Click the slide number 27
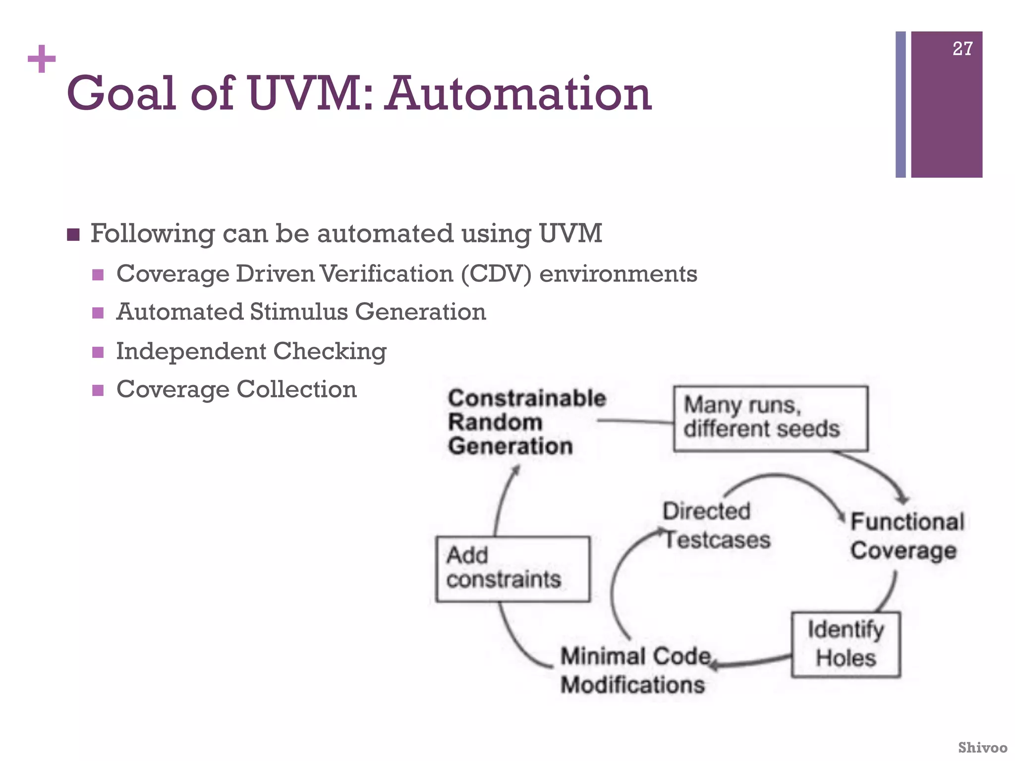click(962, 49)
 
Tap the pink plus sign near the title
click(42, 59)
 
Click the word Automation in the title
click(518, 94)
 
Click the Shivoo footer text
click(982, 747)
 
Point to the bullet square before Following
click(73, 234)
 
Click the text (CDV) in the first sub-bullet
click(496, 274)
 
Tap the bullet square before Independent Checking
click(98, 352)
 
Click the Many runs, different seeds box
click(770, 418)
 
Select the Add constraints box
click(512, 569)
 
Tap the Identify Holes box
click(846, 644)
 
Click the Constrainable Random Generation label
click(525, 422)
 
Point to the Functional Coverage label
click(907, 537)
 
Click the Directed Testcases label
click(716, 526)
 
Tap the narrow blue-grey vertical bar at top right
click(901, 105)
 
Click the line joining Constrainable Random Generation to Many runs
click(635, 422)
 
